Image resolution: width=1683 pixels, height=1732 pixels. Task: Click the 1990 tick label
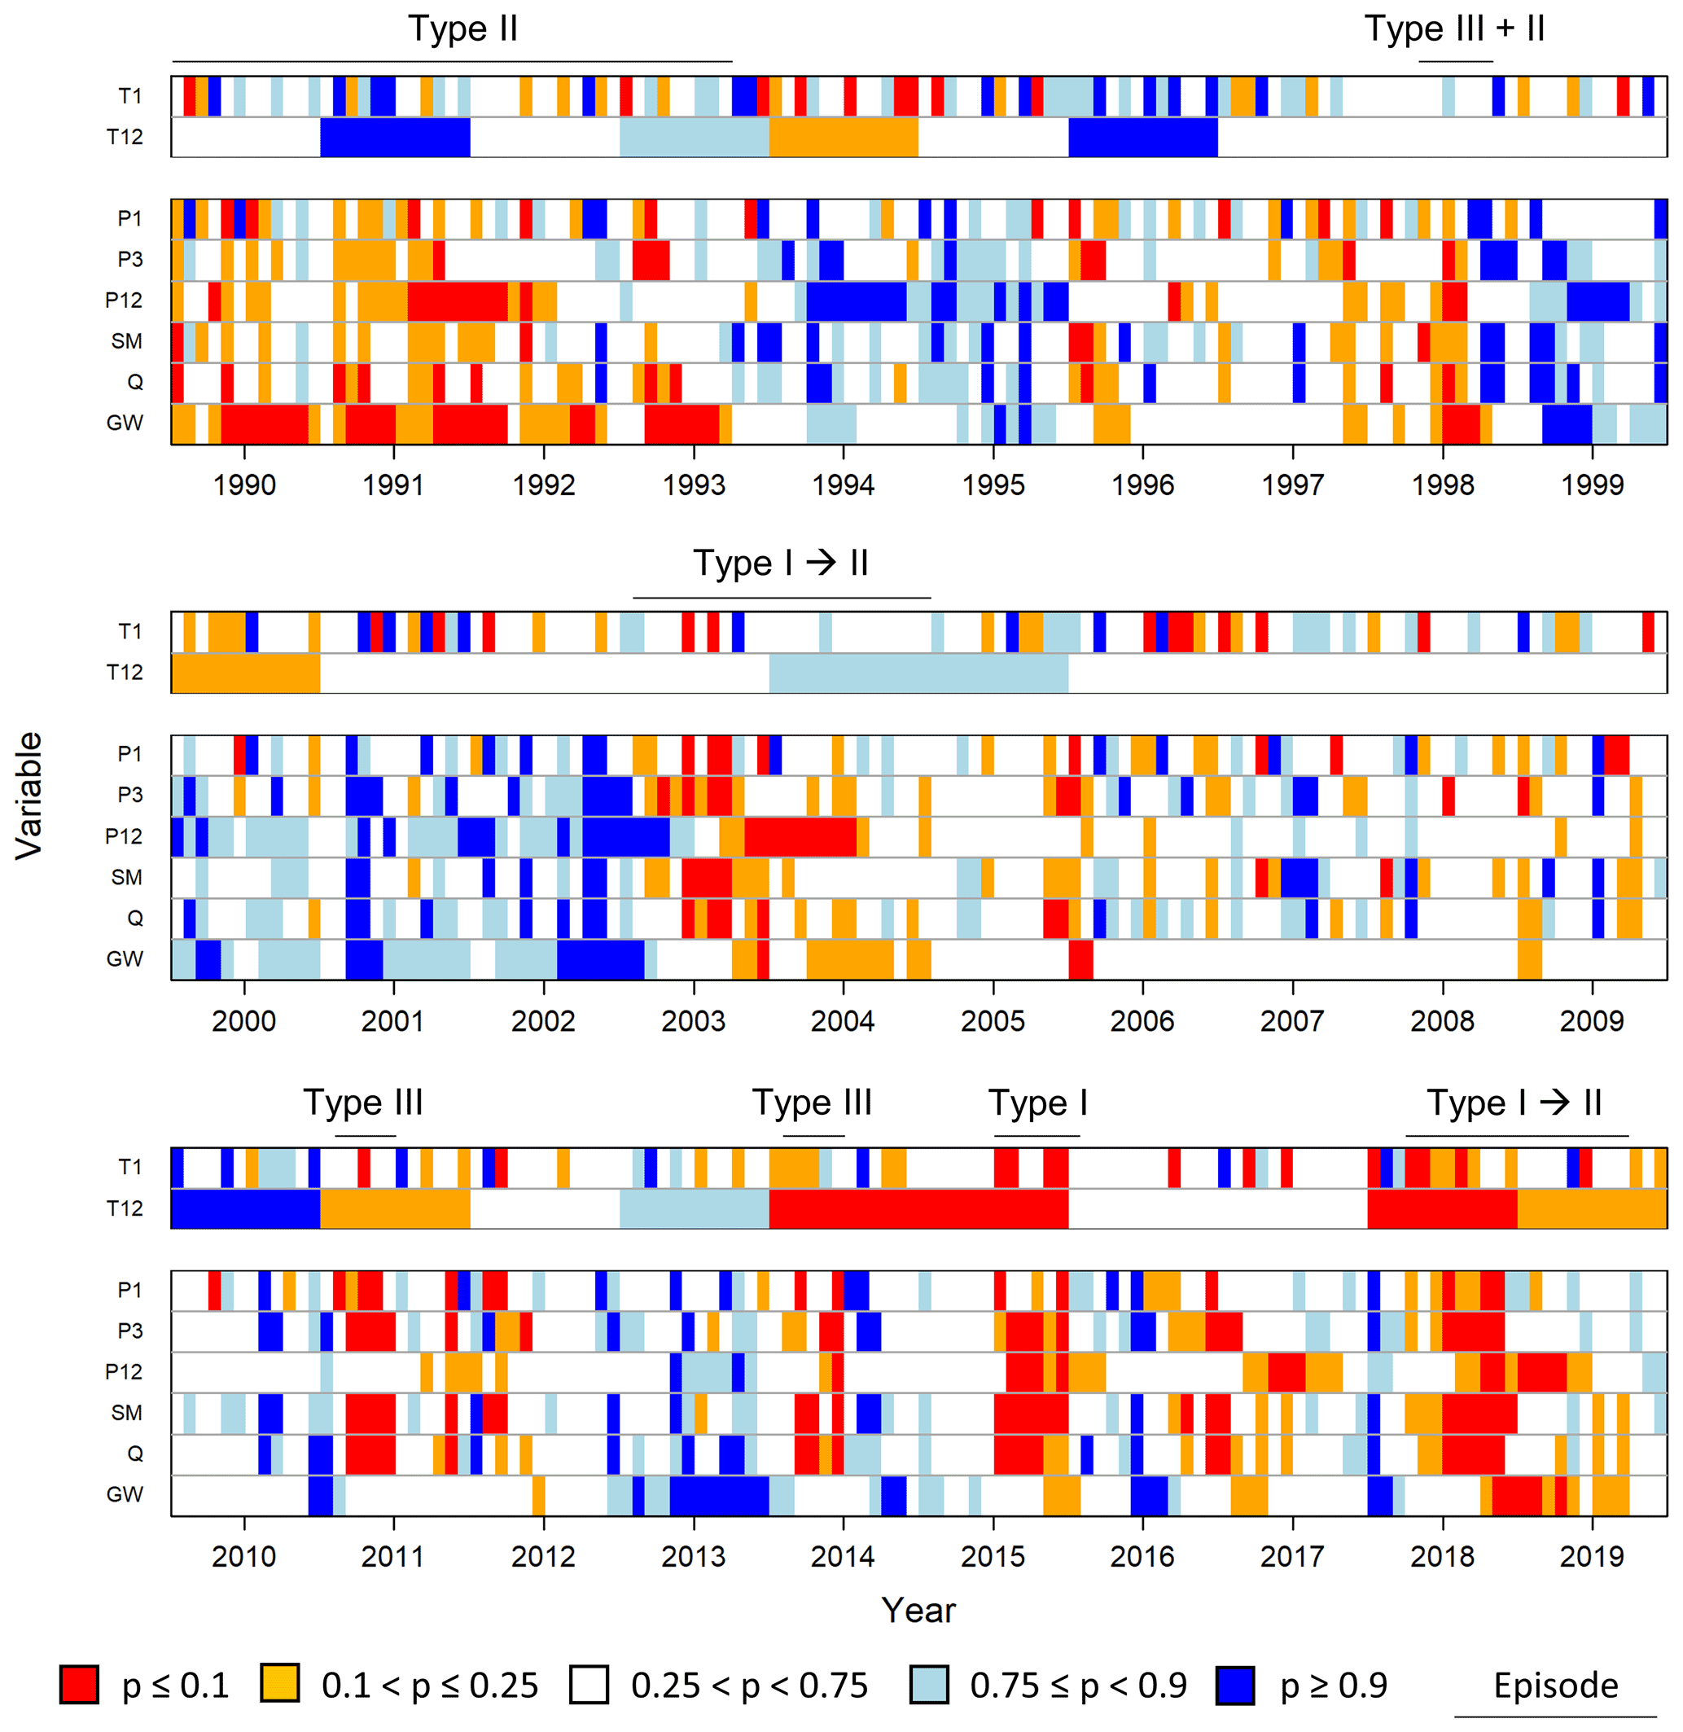coord(244,485)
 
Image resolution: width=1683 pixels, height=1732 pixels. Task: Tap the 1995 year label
coord(993,485)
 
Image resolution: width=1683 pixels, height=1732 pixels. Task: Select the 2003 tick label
coord(693,1020)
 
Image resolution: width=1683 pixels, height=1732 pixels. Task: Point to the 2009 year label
coord(1591,1020)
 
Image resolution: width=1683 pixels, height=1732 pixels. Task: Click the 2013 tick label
coord(693,1556)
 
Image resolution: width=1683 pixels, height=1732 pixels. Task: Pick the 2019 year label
coord(1591,1556)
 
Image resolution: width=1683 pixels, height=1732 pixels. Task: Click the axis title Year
coord(918,1611)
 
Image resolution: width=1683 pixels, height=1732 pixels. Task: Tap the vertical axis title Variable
coord(29,795)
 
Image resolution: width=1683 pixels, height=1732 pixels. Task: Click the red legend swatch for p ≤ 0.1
coord(79,1684)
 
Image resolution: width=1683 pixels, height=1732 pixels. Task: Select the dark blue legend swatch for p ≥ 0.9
coord(1235,1684)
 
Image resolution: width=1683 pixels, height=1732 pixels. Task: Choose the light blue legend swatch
coord(929,1684)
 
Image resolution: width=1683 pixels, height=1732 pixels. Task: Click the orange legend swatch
coord(279,1684)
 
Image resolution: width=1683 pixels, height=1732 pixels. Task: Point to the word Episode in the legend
coord(1556,1685)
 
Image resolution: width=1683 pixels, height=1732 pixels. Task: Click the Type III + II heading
coord(1455,29)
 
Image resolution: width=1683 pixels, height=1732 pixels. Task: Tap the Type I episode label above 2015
coord(1038,1103)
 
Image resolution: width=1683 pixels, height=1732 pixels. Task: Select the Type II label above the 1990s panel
coord(462,29)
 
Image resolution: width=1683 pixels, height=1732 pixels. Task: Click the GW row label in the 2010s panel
coord(124,1494)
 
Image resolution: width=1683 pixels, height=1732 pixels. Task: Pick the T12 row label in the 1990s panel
coord(124,136)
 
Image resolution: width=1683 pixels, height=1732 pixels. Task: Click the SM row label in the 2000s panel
coord(126,877)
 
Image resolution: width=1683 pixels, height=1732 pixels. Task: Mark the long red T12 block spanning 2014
coord(918,1208)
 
